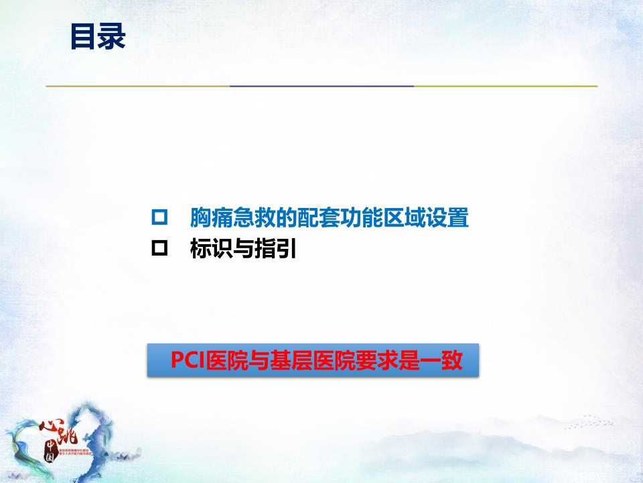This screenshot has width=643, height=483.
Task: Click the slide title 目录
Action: (x=98, y=37)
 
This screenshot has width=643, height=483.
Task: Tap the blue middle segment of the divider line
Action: (x=321, y=86)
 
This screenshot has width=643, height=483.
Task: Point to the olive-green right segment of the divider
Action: (x=505, y=86)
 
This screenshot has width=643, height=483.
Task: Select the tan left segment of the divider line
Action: (x=137, y=86)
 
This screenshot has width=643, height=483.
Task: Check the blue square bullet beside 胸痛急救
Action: (x=159, y=218)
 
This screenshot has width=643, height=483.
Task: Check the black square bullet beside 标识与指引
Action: (x=159, y=250)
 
